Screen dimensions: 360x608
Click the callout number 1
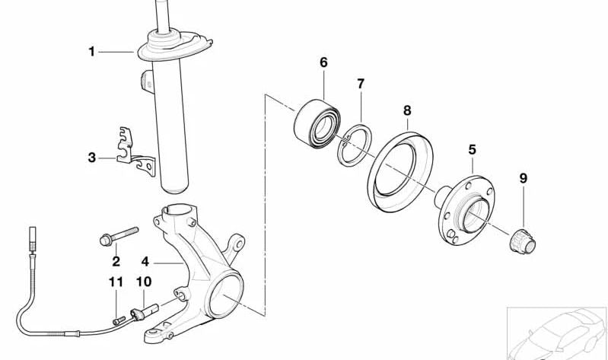click(91, 52)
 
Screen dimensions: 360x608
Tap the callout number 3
click(91, 158)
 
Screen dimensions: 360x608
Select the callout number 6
click(323, 62)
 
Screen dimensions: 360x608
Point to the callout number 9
click(524, 179)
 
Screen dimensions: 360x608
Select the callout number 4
click(145, 262)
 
